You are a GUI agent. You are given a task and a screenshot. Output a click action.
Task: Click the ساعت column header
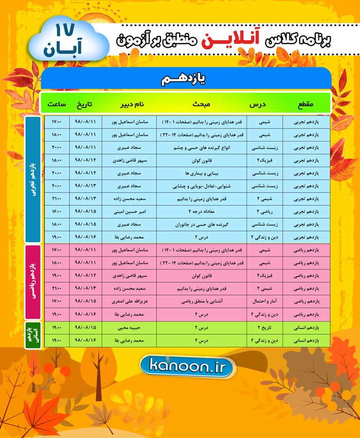(56, 105)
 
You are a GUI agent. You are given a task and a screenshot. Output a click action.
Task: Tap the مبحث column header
(202, 105)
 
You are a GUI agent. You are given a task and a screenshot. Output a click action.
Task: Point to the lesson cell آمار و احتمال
(264, 301)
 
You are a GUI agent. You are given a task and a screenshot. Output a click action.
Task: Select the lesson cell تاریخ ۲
(264, 327)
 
